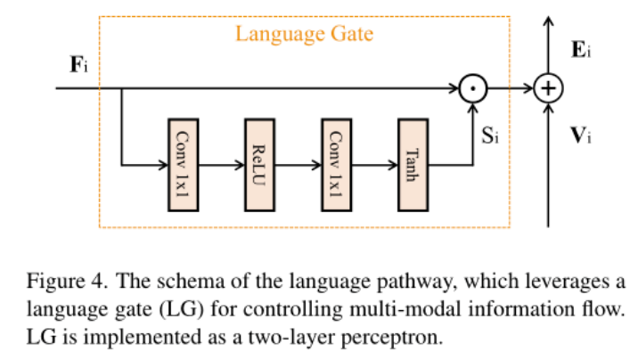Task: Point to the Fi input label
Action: pyautogui.click(x=79, y=66)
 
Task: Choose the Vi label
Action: pyautogui.click(x=580, y=135)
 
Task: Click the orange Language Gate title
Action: pyautogui.click(x=304, y=36)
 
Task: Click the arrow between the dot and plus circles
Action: pyautogui.click(x=510, y=89)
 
